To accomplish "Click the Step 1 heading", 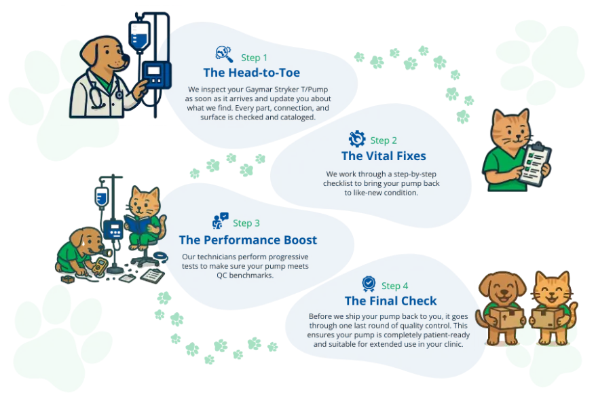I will (255, 58).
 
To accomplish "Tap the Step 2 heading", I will (384, 140).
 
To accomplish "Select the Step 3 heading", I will (246, 223).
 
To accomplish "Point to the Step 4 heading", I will (394, 286).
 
